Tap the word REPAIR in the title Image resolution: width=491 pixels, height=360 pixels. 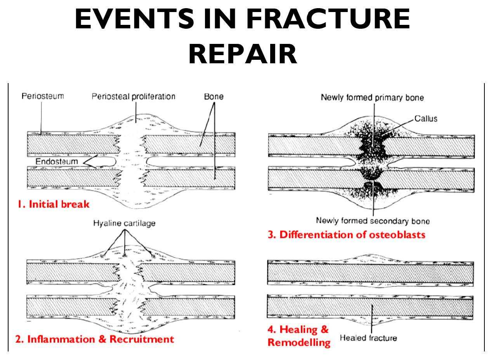pyautogui.click(x=243, y=54)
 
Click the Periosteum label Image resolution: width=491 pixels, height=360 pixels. pyautogui.click(x=43, y=96)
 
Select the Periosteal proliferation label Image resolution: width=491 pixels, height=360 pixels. pyautogui.click(x=133, y=96)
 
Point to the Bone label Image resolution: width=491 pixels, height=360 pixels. pyautogui.click(x=214, y=96)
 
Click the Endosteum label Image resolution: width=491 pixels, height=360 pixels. pyautogui.click(x=57, y=161)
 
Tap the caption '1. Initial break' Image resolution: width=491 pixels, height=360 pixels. pyautogui.click(x=53, y=204)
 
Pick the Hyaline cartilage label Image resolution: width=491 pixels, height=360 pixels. pyautogui.click(x=124, y=223)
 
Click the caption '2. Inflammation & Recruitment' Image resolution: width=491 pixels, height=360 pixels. pyautogui.click(x=95, y=339)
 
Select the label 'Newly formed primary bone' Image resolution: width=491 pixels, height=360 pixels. pyautogui.click(x=372, y=97)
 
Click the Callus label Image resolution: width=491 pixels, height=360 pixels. pyautogui.click(x=426, y=118)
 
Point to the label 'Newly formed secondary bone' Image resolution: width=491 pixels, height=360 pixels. pyautogui.click(x=373, y=221)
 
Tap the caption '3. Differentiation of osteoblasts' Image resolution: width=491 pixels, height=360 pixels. pyautogui.click(x=347, y=235)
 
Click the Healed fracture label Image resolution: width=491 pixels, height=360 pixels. pyautogui.click(x=368, y=338)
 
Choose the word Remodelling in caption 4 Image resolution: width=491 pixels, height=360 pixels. pyautogui.click(x=299, y=343)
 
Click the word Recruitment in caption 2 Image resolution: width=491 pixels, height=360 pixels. pyautogui.click(x=142, y=339)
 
